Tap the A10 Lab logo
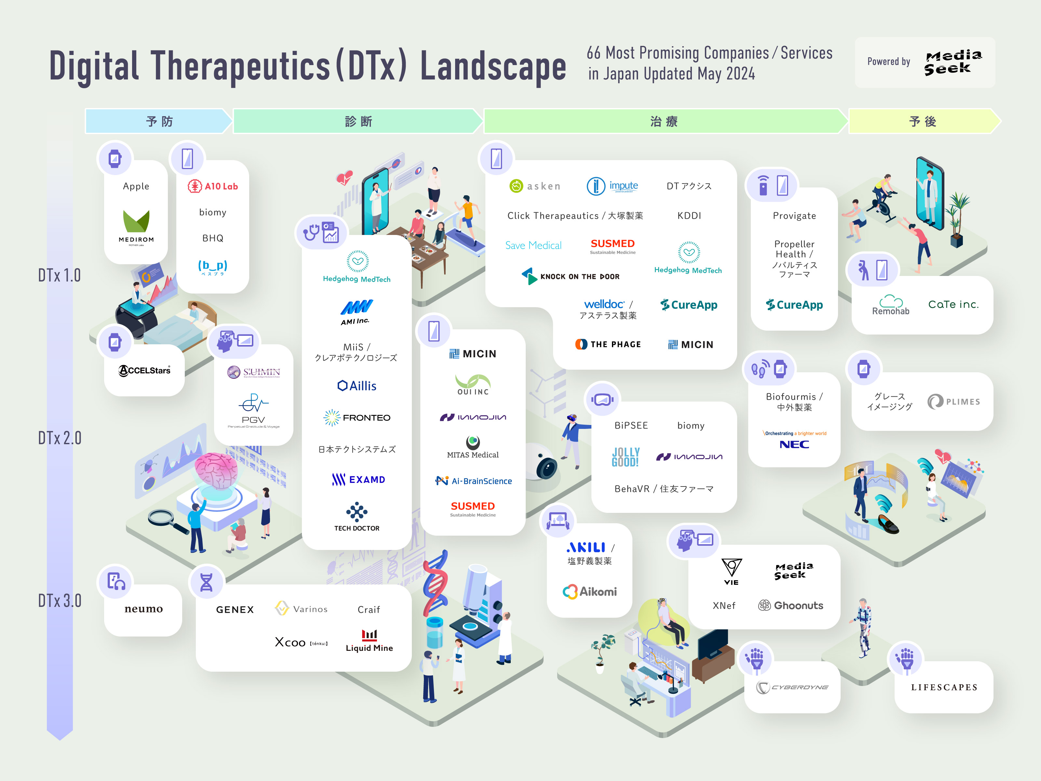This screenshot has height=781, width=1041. click(213, 186)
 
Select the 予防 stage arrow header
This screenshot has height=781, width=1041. click(159, 121)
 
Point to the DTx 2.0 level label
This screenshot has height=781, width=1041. click(60, 438)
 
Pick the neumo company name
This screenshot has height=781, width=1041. click(143, 609)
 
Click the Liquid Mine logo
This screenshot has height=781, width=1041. click(370, 641)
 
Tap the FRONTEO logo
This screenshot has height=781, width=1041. click(357, 418)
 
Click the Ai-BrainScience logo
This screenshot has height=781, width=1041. click(473, 481)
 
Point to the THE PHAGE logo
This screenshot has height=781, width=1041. click(608, 344)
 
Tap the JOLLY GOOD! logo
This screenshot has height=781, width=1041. click(626, 457)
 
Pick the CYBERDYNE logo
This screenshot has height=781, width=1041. click(792, 687)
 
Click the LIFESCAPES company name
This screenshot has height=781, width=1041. click(944, 687)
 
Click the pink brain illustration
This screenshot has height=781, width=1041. click(217, 471)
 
